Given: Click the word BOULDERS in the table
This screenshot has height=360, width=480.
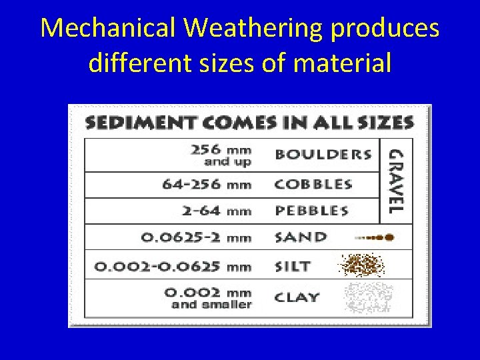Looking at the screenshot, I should (x=323, y=155).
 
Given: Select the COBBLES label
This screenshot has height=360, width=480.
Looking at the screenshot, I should (x=314, y=184).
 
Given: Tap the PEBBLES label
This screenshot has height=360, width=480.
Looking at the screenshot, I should (x=312, y=211).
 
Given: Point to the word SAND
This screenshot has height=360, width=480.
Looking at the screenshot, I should (x=301, y=237).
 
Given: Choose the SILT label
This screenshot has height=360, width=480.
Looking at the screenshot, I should (x=293, y=266).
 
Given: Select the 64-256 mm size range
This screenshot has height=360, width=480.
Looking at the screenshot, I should (x=207, y=185).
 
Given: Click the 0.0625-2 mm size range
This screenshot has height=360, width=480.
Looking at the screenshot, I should (x=196, y=237).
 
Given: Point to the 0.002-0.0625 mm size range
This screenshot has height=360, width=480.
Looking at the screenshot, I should (x=173, y=266).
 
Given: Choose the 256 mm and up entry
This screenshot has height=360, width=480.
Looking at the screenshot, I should (x=221, y=155).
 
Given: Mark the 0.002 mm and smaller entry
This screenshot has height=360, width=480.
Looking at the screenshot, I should (x=211, y=298).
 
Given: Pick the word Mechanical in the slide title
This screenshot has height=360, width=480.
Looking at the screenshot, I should (x=109, y=28).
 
